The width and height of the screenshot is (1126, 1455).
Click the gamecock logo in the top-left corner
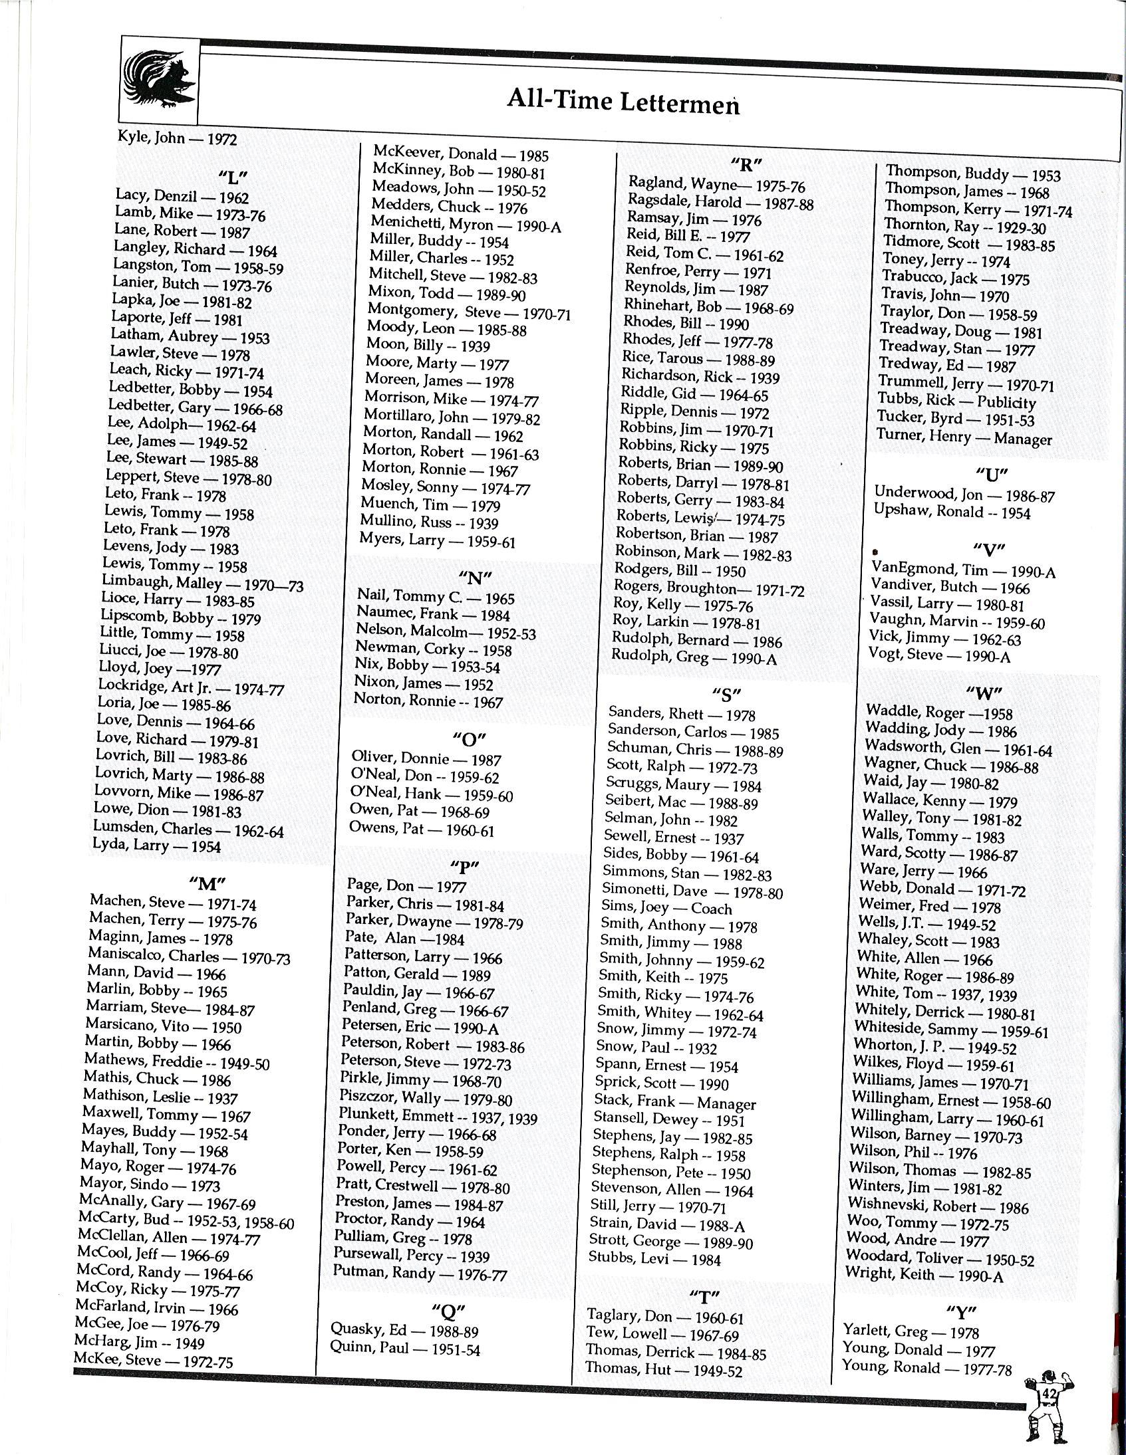pyautogui.click(x=159, y=81)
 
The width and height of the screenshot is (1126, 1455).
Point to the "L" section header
pyautogui.click(x=233, y=178)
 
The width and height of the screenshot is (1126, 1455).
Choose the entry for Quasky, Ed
pyautogui.click(x=404, y=1331)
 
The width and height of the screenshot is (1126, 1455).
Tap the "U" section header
pyautogui.click(x=992, y=476)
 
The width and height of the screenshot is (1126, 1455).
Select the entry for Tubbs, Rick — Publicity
pyautogui.click(x=956, y=401)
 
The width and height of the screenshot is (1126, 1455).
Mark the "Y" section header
pyautogui.click(x=961, y=1312)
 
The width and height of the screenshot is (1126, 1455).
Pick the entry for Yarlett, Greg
pyautogui.click(x=911, y=1332)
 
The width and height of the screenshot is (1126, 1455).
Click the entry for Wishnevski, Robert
pyautogui.click(x=938, y=1206)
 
